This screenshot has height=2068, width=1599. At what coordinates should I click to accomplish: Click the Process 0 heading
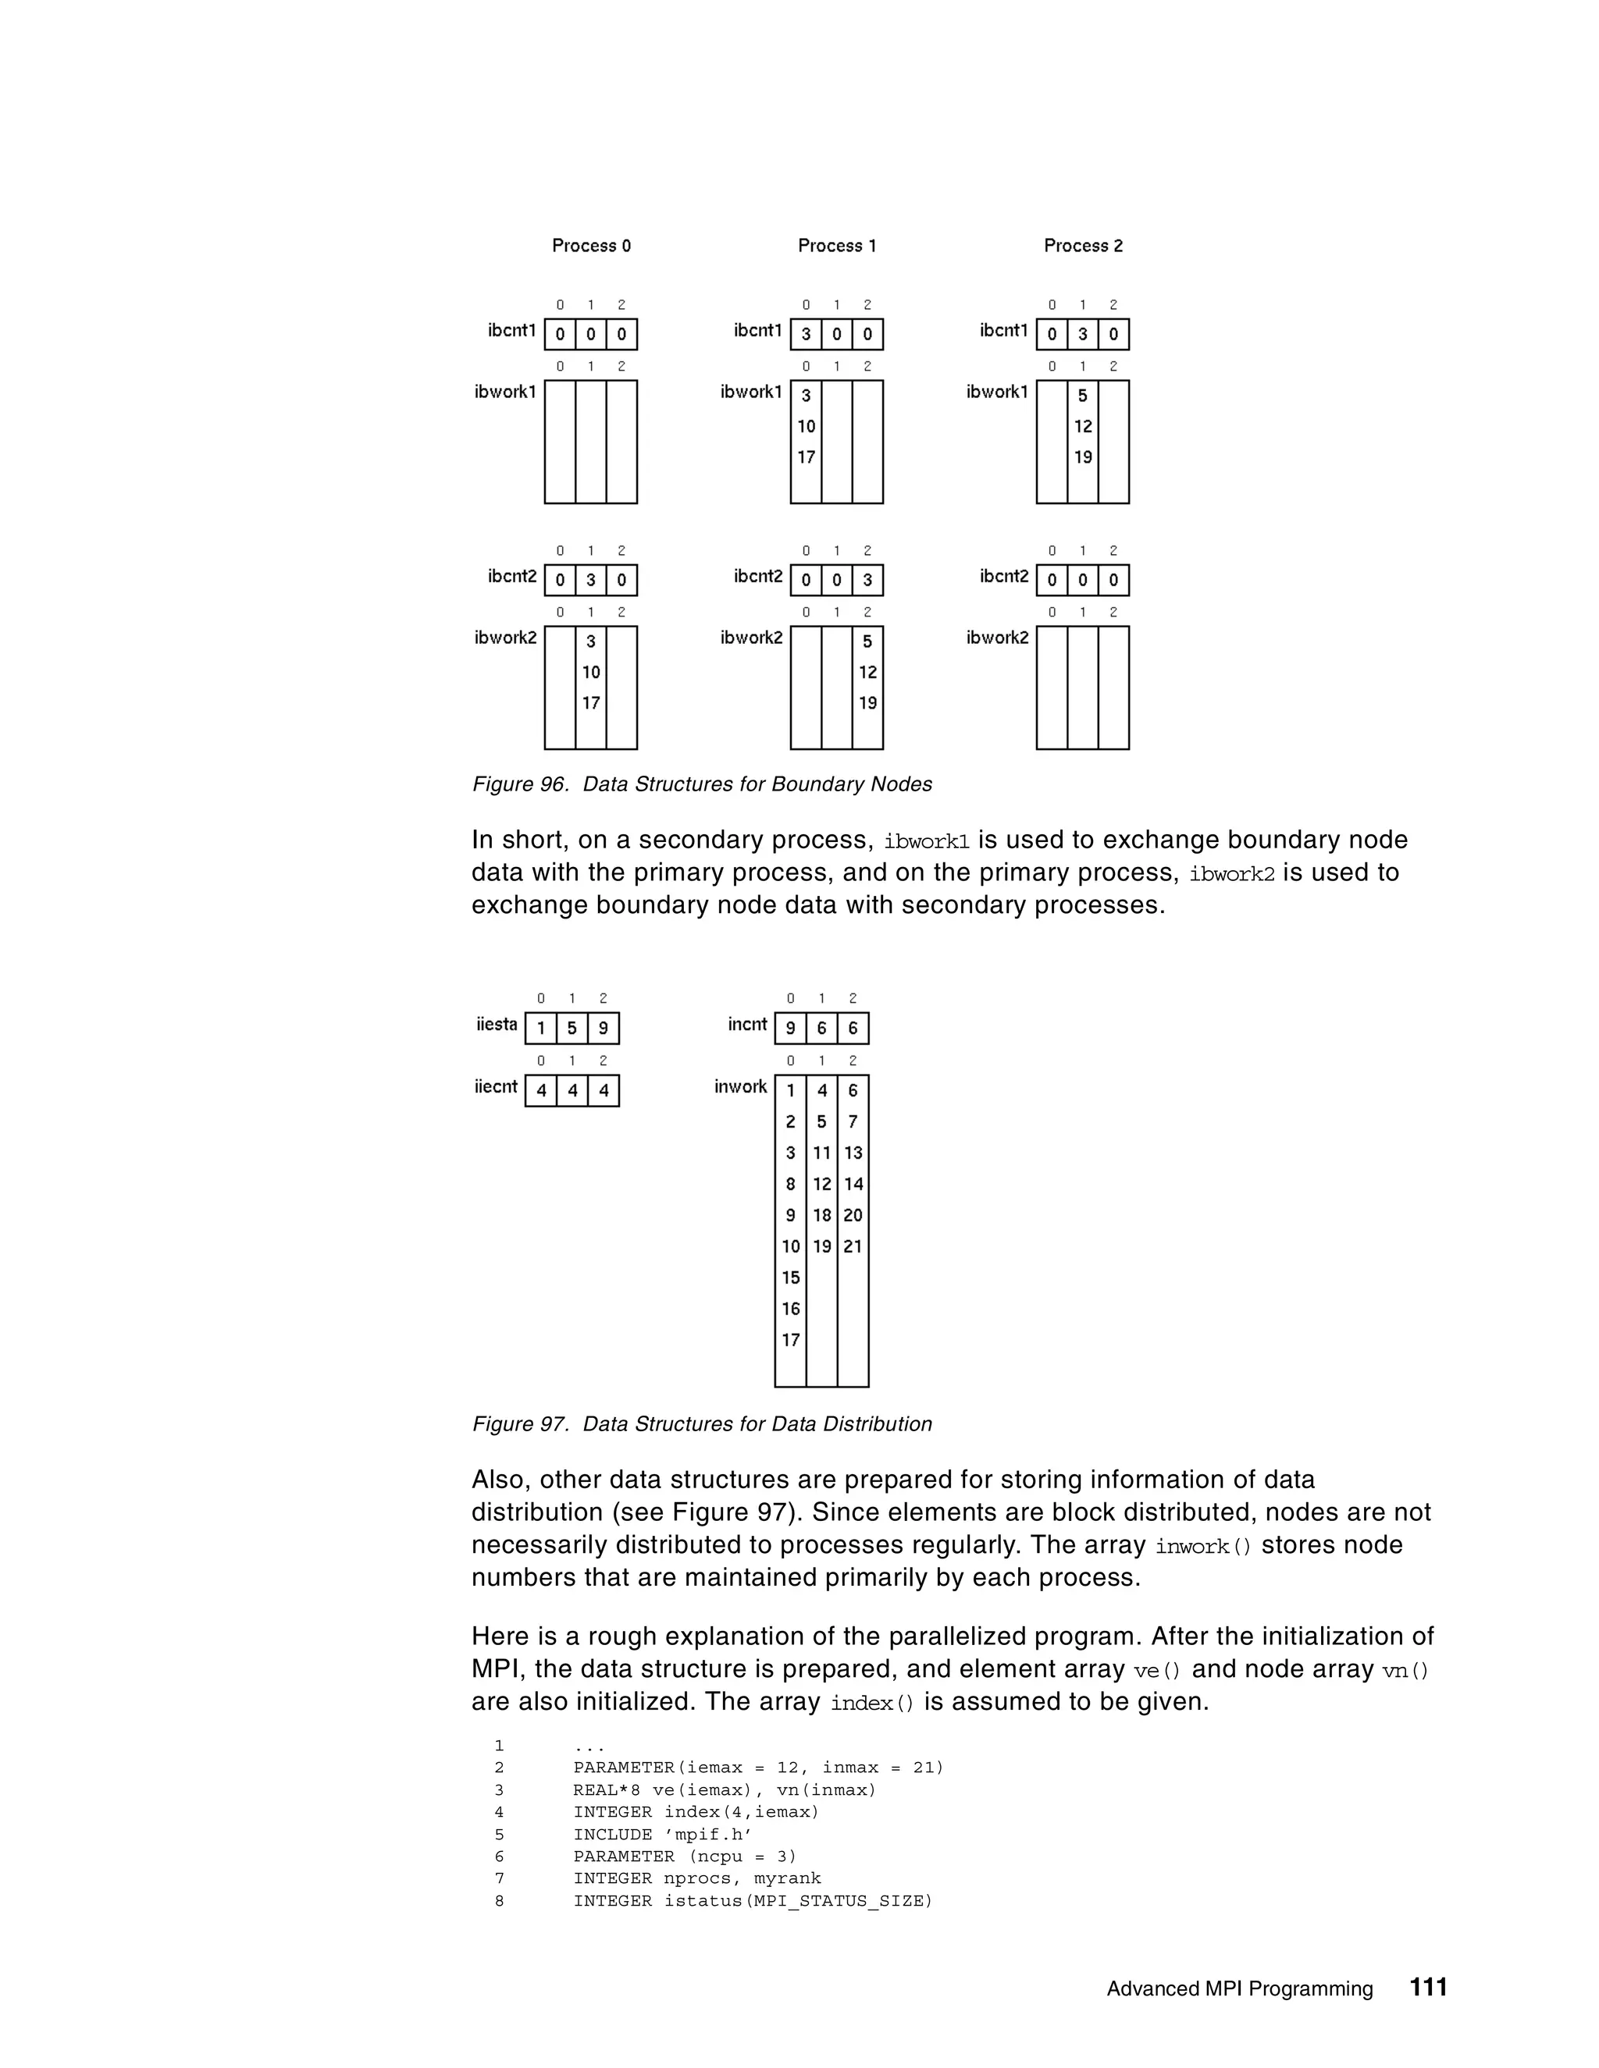tap(591, 246)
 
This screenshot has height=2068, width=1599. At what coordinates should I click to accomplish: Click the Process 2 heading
tap(1083, 246)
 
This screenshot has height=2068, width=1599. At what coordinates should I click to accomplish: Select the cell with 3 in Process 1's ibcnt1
tap(806, 334)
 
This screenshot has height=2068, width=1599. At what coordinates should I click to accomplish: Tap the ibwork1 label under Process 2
tap(996, 392)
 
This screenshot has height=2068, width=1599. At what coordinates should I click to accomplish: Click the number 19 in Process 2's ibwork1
tap(1083, 457)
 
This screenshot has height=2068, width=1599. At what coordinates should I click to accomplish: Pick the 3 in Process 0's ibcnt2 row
tap(591, 581)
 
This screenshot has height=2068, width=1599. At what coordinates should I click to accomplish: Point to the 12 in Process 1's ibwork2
tap(867, 672)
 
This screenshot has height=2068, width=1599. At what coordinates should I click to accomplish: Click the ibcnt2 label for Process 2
tap(1003, 577)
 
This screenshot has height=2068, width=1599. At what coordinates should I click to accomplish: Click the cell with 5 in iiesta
tap(572, 1029)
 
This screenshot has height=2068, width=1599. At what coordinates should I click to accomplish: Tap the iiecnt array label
tap(496, 1087)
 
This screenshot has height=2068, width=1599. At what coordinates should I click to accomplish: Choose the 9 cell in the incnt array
tap(790, 1029)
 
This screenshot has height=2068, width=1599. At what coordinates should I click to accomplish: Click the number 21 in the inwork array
tap(853, 1247)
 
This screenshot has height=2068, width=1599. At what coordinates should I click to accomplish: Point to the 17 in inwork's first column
tap(791, 1340)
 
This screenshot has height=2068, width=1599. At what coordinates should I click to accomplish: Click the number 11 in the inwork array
tap(821, 1153)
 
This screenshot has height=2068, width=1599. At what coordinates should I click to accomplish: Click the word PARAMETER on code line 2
tap(623, 1768)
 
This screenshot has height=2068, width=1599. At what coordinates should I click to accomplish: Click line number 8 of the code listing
tap(499, 1900)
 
